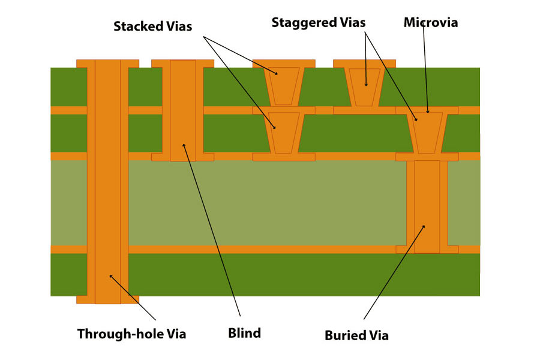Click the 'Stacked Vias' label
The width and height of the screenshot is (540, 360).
click(x=153, y=27)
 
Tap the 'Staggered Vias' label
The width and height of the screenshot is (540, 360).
click(x=318, y=23)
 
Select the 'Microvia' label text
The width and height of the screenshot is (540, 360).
click(x=430, y=23)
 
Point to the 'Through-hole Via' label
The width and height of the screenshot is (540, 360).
click(x=131, y=334)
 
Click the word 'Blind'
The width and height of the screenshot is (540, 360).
click(x=244, y=333)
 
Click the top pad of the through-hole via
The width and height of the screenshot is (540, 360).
click(x=107, y=63)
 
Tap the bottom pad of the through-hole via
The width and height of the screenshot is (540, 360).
click(x=107, y=299)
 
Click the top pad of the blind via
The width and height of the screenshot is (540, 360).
click(x=182, y=63)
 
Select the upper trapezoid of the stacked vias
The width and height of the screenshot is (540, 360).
click(x=284, y=84)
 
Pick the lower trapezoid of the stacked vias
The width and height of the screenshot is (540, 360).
click(x=284, y=131)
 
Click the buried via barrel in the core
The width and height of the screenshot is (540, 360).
click(x=427, y=204)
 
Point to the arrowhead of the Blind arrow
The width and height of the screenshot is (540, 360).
click(x=184, y=145)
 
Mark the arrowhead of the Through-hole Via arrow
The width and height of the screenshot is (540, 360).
click(x=110, y=275)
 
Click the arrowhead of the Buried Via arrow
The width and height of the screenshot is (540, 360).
click(x=424, y=226)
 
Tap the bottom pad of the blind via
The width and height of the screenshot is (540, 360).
click(x=182, y=157)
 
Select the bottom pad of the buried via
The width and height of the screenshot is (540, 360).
click(x=427, y=249)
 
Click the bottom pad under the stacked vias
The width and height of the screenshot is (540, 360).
click(x=284, y=157)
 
